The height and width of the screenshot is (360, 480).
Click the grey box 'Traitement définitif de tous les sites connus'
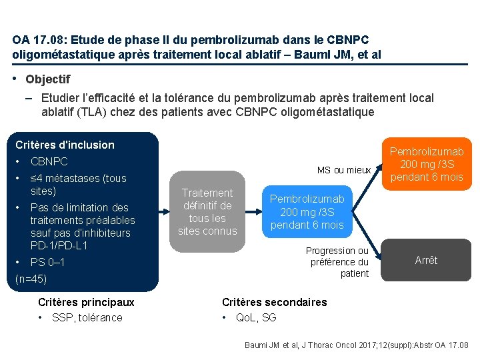click(x=207, y=212)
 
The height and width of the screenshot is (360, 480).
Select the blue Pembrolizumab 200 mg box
click(x=307, y=212)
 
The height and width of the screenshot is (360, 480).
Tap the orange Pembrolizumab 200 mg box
click(x=426, y=164)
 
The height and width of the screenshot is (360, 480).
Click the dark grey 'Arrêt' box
click(x=426, y=260)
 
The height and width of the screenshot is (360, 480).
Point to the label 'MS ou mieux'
click(x=344, y=170)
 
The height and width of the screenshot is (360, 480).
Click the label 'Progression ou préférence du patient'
click(x=337, y=262)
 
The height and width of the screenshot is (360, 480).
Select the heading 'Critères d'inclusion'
click(x=65, y=145)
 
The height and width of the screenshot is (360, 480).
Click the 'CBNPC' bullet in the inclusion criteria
click(x=49, y=161)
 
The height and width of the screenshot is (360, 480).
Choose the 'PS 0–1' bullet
click(x=48, y=262)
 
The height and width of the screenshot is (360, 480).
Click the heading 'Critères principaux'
click(x=86, y=302)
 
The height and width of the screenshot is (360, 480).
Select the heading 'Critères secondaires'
click(x=275, y=302)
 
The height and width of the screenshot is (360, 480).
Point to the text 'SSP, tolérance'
click(x=87, y=317)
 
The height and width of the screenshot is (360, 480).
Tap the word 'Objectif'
click(x=47, y=79)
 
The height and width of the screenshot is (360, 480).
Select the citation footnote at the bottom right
click(x=357, y=345)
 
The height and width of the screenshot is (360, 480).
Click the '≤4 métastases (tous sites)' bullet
click(x=78, y=185)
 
